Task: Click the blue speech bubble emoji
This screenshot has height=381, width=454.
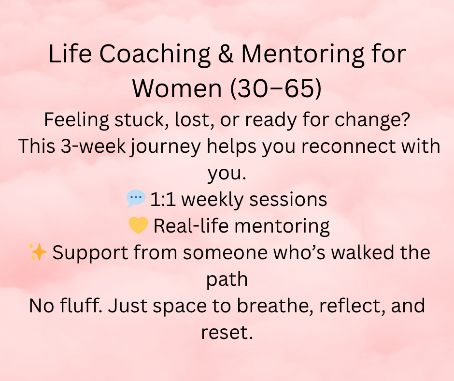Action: (136, 198)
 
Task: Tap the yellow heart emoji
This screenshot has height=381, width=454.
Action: (139, 225)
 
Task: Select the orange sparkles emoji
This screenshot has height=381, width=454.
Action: (38, 252)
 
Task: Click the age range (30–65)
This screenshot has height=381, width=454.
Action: (276, 88)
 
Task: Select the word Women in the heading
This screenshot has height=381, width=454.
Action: (177, 88)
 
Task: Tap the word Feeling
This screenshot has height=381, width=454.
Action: (76, 120)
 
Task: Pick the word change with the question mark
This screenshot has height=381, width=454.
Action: (372, 119)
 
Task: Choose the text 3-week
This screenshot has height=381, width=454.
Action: (93, 146)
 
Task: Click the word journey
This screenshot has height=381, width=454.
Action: (166, 147)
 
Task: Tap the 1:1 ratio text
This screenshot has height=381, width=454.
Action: (163, 200)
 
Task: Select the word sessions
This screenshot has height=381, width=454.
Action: (288, 200)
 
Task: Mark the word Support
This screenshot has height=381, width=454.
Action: (90, 253)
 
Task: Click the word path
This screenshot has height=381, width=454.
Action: (227, 279)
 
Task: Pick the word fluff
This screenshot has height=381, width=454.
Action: (81, 305)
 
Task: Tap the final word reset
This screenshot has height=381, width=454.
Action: (227, 333)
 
